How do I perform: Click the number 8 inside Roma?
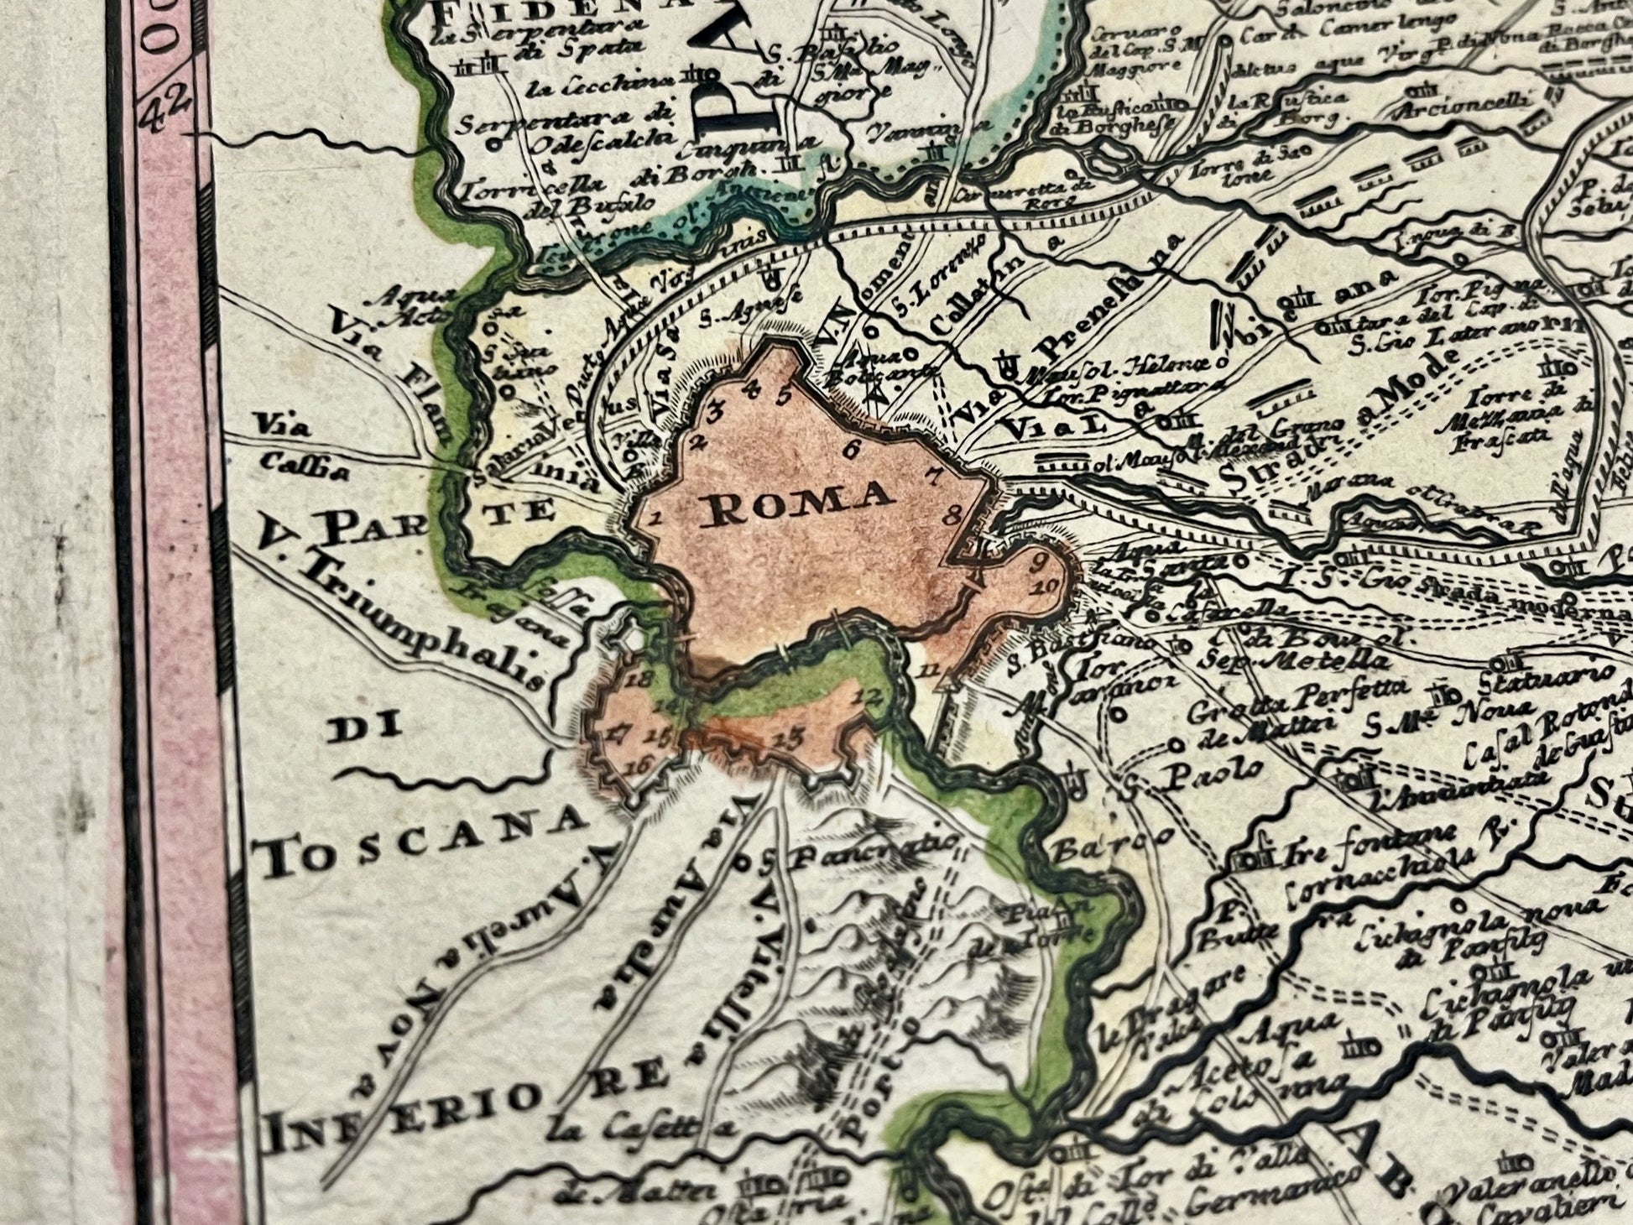pos(951,516)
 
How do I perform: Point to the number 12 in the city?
pos(870,695)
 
